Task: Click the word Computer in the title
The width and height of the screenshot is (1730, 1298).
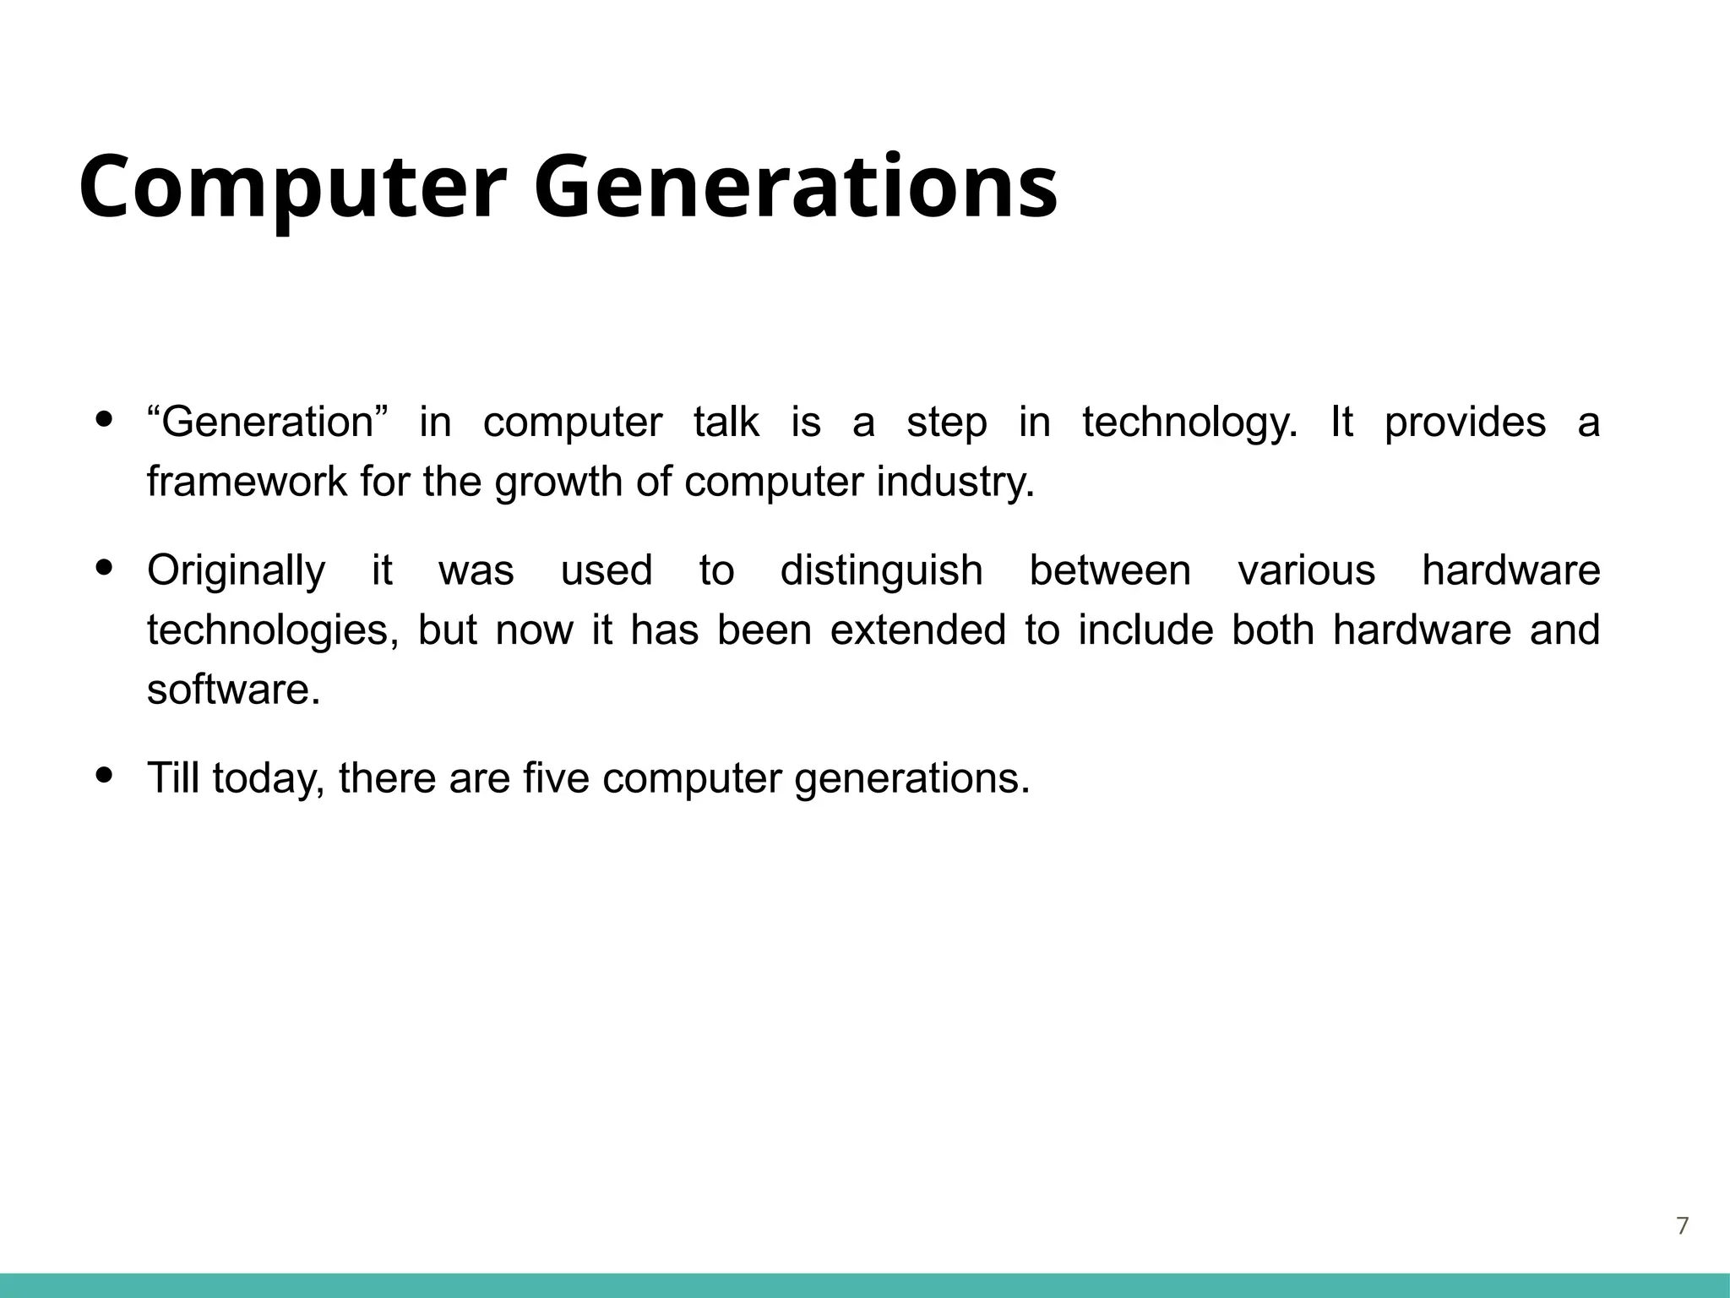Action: click(292, 188)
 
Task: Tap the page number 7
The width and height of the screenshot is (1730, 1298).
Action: click(1682, 1226)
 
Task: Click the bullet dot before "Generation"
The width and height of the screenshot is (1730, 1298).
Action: click(105, 419)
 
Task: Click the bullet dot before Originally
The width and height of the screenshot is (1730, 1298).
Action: click(105, 568)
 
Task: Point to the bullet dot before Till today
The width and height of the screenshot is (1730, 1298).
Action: click(105, 774)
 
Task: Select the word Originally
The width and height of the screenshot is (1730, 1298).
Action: click(236, 571)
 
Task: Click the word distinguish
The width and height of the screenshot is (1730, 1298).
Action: click(881, 571)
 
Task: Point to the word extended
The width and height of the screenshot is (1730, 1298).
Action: click(917, 630)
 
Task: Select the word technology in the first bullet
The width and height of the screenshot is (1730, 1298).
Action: click(1189, 423)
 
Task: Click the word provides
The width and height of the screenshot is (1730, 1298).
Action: click(1465, 423)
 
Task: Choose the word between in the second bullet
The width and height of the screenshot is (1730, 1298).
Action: click(1109, 571)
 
